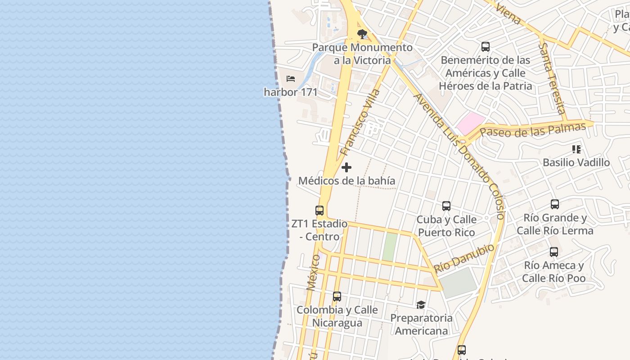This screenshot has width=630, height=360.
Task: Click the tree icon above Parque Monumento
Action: tap(362, 34)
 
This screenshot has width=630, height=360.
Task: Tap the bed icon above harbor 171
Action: tap(291, 79)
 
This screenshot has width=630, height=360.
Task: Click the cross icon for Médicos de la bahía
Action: tap(346, 168)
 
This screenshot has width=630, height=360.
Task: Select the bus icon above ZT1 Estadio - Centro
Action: tap(319, 210)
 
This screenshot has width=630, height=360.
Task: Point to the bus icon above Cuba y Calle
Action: tap(446, 206)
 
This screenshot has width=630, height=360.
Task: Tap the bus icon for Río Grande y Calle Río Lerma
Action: tap(555, 204)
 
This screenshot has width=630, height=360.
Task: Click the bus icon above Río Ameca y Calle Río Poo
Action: tap(554, 252)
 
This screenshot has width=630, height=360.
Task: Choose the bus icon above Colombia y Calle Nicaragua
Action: tap(337, 297)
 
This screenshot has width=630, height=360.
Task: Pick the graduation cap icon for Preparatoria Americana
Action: tap(421, 305)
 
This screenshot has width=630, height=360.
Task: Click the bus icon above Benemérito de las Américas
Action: tap(486, 46)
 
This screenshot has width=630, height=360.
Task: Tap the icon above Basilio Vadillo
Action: tap(576, 149)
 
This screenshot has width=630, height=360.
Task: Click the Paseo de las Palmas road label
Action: tap(533, 130)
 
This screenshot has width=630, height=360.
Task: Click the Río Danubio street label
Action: tap(464, 258)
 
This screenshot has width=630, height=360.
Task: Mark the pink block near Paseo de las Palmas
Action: tap(470, 123)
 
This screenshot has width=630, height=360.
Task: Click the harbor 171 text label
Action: tap(291, 92)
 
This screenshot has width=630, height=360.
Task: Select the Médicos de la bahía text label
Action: tap(347, 181)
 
